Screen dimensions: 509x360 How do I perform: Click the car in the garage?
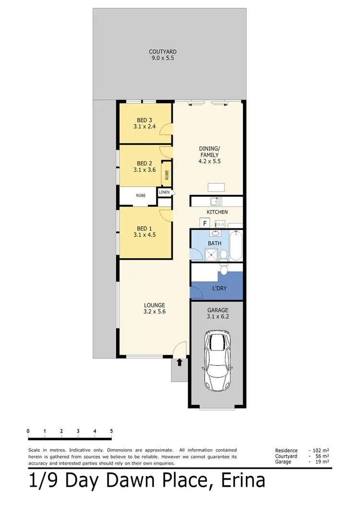(x=218, y=360)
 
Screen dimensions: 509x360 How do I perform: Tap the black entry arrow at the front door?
(x=180, y=363)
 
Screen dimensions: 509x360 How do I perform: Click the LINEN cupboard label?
(x=164, y=192)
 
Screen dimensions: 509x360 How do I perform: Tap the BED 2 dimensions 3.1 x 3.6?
(x=144, y=169)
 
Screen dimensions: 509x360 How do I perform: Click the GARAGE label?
(x=218, y=310)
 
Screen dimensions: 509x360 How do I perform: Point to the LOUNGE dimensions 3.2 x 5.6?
(x=155, y=311)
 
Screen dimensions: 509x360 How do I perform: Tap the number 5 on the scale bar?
(x=111, y=430)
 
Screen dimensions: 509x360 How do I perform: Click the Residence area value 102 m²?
(x=320, y=450)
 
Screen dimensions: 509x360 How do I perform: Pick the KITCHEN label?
(x=217, y=212)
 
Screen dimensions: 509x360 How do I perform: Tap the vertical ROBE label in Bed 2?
(x=167, y=175)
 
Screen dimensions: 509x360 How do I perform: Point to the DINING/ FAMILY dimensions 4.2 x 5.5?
(x=209, y=162)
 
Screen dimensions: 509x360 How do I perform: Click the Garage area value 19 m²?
(x=322, y=462)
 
